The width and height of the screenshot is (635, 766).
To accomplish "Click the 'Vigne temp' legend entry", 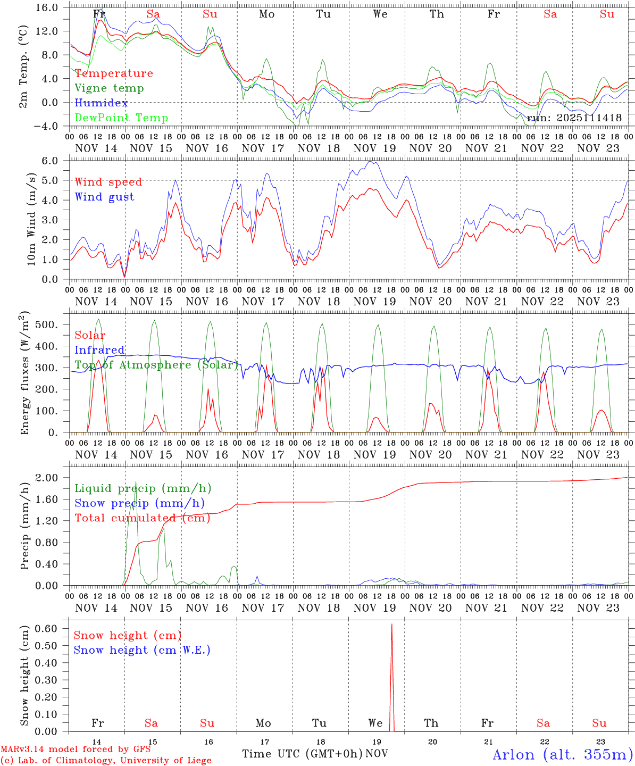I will (109, 88).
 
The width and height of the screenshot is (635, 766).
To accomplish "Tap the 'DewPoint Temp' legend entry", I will (121, 118).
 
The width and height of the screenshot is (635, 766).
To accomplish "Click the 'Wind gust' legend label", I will (104, 197).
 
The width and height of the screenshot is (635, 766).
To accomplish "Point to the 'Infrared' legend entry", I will (99, 350).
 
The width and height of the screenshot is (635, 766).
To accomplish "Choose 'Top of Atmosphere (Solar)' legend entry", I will (156, 365).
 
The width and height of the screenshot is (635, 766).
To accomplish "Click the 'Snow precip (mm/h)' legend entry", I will (139, 503).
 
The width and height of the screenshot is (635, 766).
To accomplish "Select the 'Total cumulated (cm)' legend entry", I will (142, 518).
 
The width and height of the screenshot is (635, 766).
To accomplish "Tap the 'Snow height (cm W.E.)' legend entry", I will (142, 650).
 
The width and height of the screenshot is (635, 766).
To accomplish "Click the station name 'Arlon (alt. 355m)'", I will (563, 754).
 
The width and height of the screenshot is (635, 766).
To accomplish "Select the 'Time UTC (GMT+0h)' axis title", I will (302, 754).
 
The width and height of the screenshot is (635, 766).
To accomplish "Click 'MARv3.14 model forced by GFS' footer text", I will (76, 750).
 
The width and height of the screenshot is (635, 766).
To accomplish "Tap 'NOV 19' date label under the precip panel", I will (375, 608).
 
